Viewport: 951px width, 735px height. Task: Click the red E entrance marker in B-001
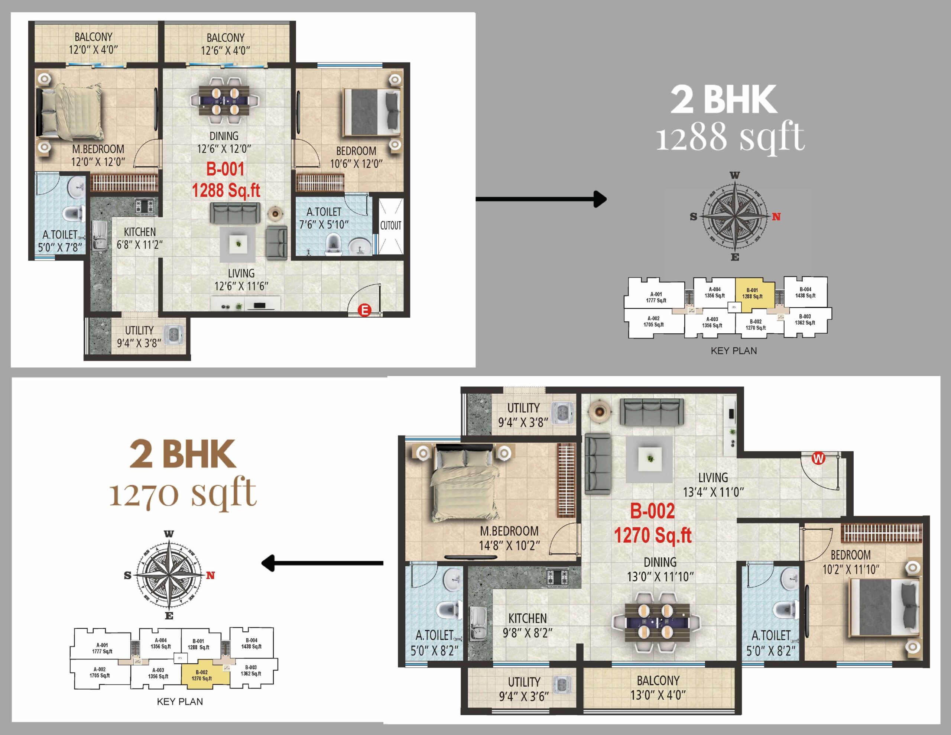(x=364, y=310)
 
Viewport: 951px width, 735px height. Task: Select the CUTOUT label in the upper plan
(x=390, y=225)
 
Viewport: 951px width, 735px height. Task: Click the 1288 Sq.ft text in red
(x=226, y=190)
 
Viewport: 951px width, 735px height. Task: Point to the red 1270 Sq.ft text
(x=653, y=535)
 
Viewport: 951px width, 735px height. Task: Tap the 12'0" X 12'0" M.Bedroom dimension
(x=98, y=162)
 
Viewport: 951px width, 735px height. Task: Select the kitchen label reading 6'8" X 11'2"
(x=139, y=245)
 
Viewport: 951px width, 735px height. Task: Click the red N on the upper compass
(x=776, y=217)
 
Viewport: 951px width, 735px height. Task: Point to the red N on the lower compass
(x=211, y=576)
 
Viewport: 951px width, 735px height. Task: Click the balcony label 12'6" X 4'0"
(x=225, y=51)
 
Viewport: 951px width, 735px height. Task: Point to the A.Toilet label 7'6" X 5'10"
(x=324, y=224)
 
